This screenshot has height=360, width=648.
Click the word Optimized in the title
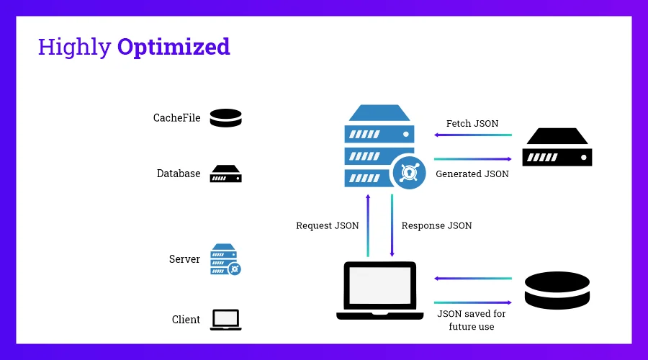174,47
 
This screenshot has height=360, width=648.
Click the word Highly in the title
74,48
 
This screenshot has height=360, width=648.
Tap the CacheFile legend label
176,118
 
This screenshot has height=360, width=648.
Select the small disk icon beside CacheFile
225,118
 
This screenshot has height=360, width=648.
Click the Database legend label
179,174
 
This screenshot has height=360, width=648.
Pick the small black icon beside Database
225,174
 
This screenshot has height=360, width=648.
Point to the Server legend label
184,259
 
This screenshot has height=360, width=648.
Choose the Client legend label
186,320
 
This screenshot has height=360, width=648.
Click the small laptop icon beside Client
225,320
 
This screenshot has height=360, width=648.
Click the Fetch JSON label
472,124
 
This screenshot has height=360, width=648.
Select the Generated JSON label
472,174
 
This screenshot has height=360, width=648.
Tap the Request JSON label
327,225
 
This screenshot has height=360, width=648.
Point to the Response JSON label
436,225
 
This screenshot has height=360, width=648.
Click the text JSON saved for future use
472,320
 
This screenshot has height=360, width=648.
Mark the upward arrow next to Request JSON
368,225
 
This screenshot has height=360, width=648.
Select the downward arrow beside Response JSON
392,225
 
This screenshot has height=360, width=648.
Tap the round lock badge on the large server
408,174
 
